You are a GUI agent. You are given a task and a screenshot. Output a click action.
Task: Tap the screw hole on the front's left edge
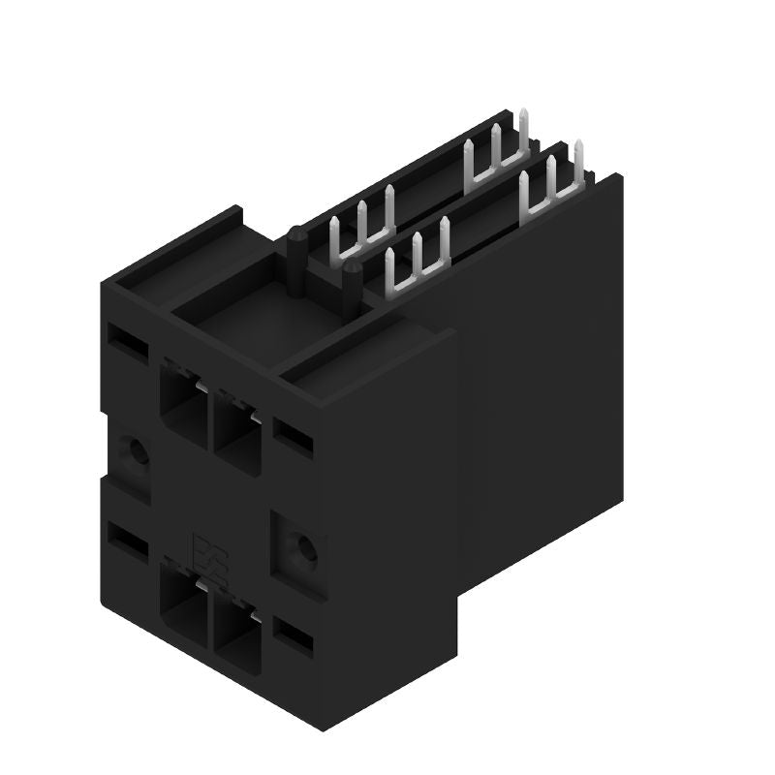point(133,452)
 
